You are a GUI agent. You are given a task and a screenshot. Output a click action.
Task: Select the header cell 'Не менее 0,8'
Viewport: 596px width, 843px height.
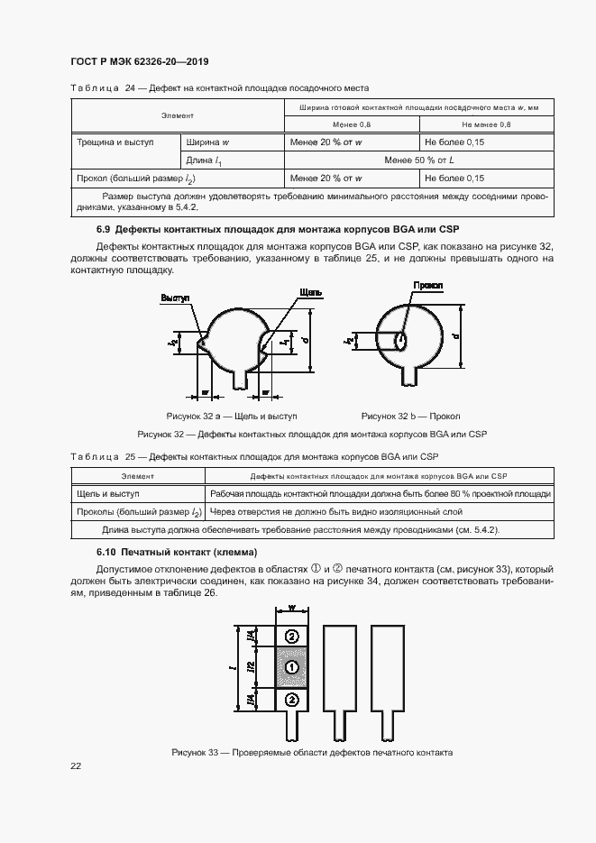pos(486,124)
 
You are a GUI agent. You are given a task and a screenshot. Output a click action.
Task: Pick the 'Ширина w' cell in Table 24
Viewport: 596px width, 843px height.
pos(207,142)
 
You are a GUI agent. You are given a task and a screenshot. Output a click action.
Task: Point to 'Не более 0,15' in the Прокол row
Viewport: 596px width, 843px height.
pos(454,178)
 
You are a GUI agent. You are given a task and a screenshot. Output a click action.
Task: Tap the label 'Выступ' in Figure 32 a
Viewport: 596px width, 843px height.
pos(175,297)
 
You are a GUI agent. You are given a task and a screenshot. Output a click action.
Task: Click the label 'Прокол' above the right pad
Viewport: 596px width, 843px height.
pos(427,286)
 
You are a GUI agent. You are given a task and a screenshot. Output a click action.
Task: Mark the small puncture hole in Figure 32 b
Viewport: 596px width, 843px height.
pos(399,341)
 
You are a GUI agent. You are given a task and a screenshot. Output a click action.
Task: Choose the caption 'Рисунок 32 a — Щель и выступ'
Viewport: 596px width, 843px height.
pos(232,417)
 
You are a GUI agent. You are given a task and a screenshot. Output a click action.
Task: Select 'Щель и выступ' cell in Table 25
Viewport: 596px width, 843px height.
pos(107,494)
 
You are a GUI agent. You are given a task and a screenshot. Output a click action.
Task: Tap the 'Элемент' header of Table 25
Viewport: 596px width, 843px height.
pos(138,475)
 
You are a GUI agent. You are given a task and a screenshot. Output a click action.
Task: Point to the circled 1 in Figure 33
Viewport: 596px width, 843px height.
pos(291,667)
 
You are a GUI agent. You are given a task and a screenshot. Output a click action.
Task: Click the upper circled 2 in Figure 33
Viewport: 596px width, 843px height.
pos(291,637)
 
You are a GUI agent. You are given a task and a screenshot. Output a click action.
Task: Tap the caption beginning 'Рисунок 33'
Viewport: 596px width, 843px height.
pos(311,752)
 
